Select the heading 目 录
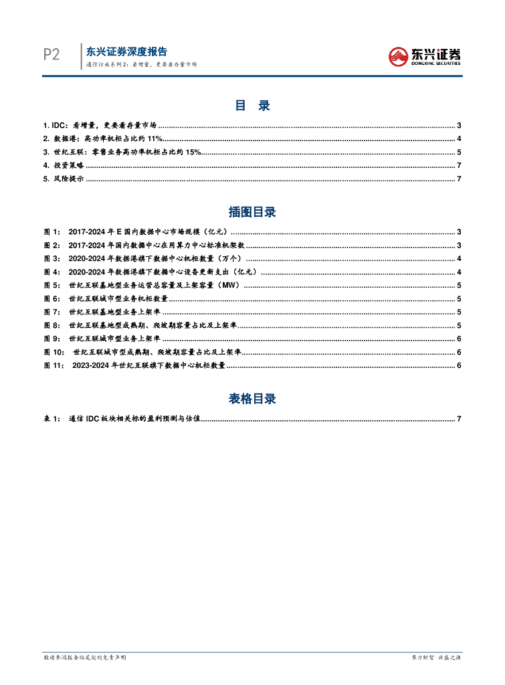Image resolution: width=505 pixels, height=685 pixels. [x=252, y=106]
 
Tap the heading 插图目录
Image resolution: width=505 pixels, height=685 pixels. [x=252, y=212]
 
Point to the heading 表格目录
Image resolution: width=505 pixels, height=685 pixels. [x=252, y=399]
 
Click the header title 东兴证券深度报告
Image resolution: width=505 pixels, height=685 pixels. [x=127, y=52]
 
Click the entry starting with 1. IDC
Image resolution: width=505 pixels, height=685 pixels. [x=100, y=125]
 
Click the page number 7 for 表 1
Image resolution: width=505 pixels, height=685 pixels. [x=460, y=419]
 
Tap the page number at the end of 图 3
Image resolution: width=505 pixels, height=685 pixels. [x=460, y=258]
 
